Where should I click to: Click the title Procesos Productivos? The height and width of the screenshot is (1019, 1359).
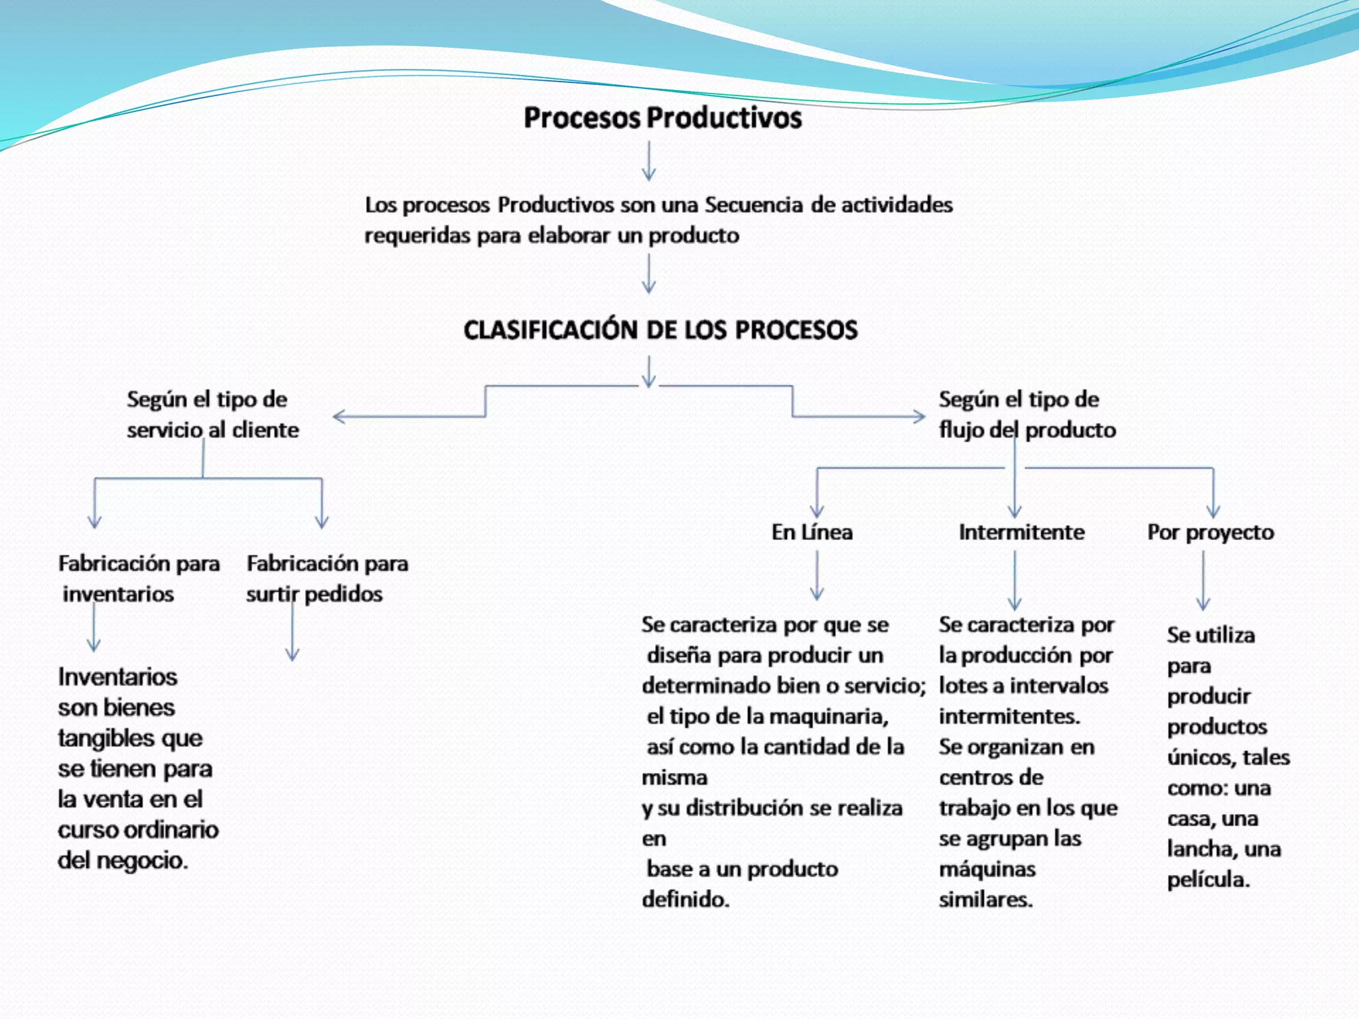click(662, 118)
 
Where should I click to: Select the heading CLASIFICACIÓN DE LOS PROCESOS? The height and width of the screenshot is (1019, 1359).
click(660, 330)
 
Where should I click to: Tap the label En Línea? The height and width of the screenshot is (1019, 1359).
click(812, 532)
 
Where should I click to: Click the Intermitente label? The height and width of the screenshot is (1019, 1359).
click(1021, 532)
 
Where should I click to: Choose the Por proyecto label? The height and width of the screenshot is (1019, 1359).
click(1210, 533)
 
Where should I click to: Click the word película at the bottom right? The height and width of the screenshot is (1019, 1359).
click(1208, 880)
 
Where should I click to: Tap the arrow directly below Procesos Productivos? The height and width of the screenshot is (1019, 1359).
click(648, 161)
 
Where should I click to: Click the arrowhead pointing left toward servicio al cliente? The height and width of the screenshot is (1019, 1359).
click(339, 417)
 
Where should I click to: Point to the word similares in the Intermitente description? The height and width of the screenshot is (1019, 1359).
click(985, 900)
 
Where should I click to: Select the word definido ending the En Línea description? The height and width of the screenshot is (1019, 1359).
click(684, 900)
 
